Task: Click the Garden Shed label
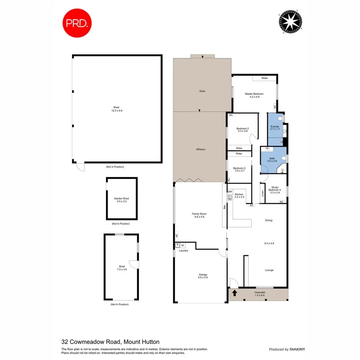pos(121,199)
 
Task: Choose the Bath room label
pos(272,159)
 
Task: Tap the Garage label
pos(203,275)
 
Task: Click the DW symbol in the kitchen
pos(230,192)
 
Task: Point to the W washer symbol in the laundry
pos(182,245)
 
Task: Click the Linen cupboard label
pos(263,193)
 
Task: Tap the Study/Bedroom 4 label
pos(276,188)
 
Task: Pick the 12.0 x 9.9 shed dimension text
pos(117,110)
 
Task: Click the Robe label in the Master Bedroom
pos(264,78)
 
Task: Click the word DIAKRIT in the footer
pos(297,350)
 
